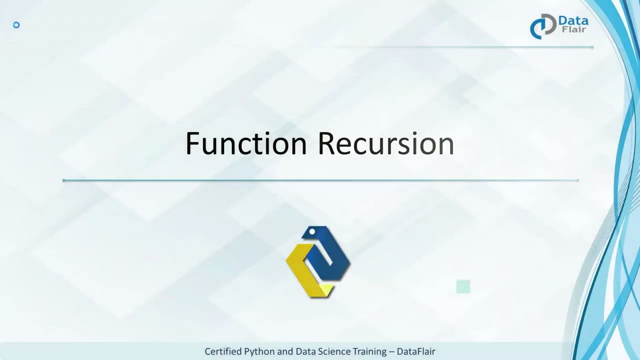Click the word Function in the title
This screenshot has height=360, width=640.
pos(245,143)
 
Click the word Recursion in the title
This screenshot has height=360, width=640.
pos(385,143)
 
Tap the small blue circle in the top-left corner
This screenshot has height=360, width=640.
pos(16,25)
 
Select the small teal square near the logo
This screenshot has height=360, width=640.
pos(463,286)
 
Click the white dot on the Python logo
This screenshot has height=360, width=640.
pos(312,231)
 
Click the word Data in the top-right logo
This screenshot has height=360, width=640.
pos(573,21)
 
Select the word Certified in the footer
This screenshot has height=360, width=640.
pos(223,351)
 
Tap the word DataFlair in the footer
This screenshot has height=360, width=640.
pos(416,351)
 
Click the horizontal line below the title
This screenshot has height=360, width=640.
pos(320,180)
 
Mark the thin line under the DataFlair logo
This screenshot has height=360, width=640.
pos(440,47)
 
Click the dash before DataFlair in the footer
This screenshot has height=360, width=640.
pos(391,351)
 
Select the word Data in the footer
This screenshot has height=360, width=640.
pos(305,351)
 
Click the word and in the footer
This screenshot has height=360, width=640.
pos(285,351)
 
